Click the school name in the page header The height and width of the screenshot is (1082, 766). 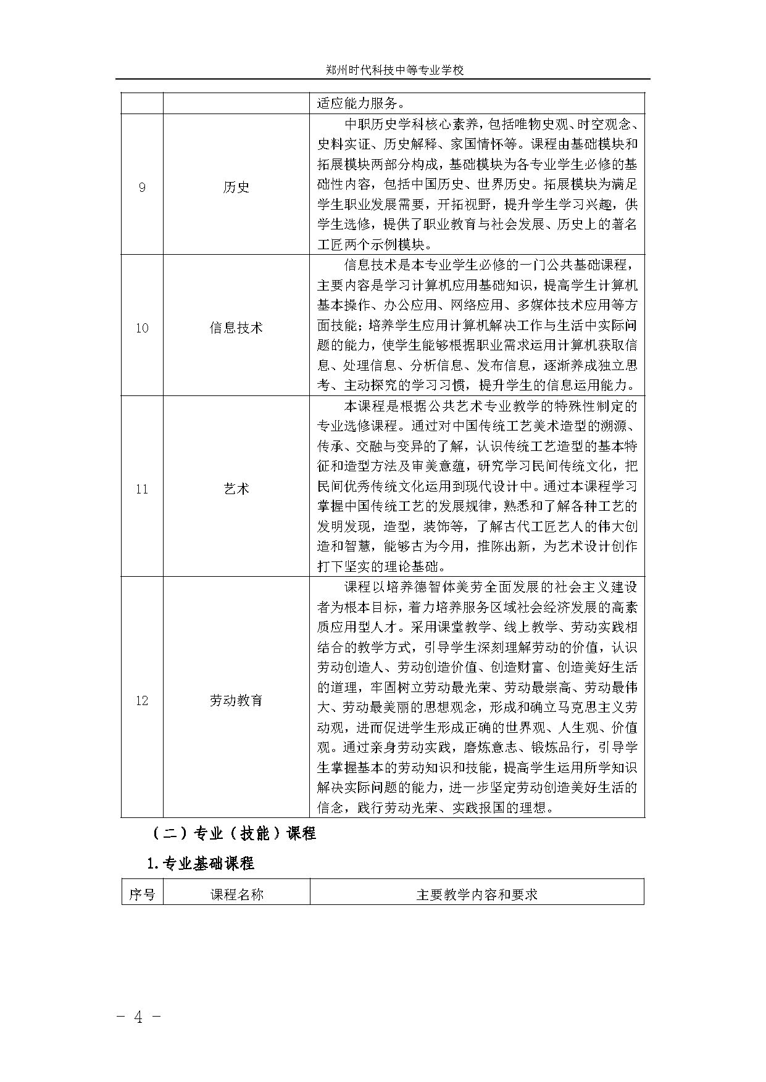click(x=394, y=70)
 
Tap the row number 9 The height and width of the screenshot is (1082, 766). click(x=142, y=188)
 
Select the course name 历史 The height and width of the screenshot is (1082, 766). click(x=236, y=188)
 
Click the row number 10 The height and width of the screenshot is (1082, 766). click(x=142, y=328)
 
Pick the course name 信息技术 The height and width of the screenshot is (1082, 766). click(x=236, y=328)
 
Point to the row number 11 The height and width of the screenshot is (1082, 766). click(x=142, y=489)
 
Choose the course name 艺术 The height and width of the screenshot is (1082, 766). click(x=236, y=489)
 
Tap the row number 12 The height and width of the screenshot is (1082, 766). click(x=142, y=701)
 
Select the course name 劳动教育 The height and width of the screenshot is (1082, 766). click(x=236, y=701)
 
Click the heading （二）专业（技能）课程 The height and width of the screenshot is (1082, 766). click(x=234, y=833)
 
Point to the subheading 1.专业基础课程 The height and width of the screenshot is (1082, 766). click(x=201, y=864)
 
